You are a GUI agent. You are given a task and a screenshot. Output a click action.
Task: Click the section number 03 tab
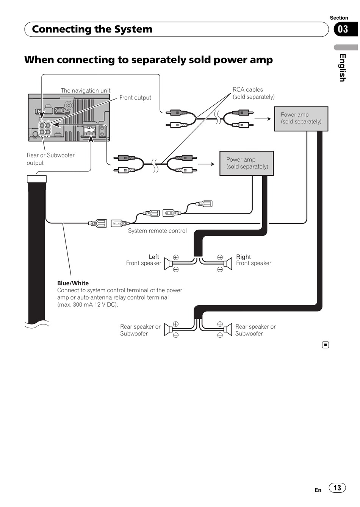(x=346, y=29)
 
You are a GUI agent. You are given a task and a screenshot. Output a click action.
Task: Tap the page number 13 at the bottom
(x=337, y=487)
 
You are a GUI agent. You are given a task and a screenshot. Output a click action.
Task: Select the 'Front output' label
(x=135, y=98)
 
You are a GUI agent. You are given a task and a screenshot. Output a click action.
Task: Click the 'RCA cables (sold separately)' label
(x=254, y=93)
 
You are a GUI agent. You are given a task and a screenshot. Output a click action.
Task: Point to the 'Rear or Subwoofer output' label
(x=50, y=159)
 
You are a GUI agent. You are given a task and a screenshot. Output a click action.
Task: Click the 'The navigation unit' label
(x=86, y=90)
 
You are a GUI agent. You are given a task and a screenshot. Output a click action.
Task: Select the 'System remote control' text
(x=157, y=231)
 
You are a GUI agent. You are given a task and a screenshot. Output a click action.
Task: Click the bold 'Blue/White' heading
(x=73, y=283)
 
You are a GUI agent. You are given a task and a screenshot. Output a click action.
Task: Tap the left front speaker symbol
(x=168, y=264)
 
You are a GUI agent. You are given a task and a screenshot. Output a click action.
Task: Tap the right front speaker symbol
(x=228, y=264)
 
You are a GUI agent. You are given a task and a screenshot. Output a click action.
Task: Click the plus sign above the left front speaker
(x=176, y=257)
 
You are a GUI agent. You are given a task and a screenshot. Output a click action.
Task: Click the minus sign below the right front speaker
(x=220, y=269)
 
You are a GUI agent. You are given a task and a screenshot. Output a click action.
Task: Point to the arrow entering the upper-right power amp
(x=263, y=119)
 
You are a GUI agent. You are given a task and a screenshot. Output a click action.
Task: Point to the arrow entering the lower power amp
(x=206, y=164)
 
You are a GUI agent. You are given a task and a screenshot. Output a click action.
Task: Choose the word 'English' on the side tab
(x=343, y=68)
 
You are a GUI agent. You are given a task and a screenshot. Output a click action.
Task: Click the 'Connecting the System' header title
(x=92, y=29)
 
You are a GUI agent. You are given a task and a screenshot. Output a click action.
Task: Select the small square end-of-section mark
(x=326, y=345)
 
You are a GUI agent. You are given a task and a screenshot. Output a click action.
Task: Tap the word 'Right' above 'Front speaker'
(x=243, y=257)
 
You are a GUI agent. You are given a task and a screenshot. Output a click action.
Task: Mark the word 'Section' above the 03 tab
(x=339, y=18)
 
